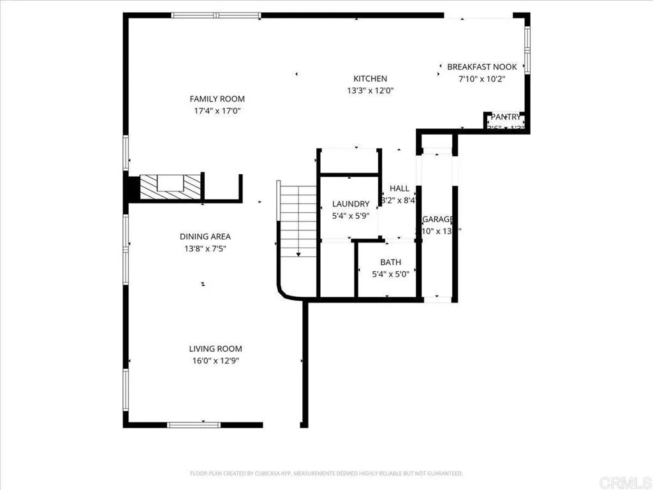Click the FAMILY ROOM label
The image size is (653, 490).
[217, 99]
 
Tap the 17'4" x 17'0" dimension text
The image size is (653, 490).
[217, 111]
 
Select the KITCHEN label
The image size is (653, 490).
[370, 79]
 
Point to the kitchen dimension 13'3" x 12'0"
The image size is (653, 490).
[370, 91]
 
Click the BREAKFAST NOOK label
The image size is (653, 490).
[481, 67]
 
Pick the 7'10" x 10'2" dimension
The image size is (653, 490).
[481, 79]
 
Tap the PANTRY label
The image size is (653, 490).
[505, 117]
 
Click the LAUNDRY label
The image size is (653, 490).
[351, 204]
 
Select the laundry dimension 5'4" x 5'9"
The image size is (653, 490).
[351, 216]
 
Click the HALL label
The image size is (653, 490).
[399, 188]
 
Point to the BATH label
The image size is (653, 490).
[390, 262]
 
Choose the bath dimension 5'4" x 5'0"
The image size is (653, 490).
[390, 274]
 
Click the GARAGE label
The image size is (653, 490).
[437, 219]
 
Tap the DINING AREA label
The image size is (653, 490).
[205, 237]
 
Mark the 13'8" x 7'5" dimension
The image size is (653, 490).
[205, 248]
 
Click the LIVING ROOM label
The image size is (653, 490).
[216, 349]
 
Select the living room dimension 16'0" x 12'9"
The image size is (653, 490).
[216, 360]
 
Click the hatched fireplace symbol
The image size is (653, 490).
[170, 186]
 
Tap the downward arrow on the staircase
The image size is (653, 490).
[298, 253]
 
